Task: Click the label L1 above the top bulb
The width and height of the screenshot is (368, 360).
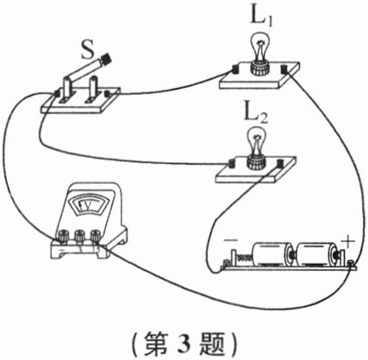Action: click(261, 18)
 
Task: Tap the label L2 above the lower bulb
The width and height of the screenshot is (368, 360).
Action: click(256, 115)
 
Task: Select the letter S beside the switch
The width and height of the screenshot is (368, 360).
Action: click(87, 50)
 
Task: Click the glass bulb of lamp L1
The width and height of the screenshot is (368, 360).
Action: click(260, 45)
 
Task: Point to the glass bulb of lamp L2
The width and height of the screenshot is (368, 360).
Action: click(256, 140)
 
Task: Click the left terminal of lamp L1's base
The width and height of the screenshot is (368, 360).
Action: click(235, 69)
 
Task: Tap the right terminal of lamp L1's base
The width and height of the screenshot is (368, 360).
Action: click(285, 69)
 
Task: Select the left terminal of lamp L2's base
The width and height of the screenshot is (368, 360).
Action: click(232, 163)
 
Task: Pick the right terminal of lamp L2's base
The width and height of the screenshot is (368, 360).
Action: click(281, 164)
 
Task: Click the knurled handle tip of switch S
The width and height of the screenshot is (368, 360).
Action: click(106, 58)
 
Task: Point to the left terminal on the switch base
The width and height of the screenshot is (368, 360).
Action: click(57, 93)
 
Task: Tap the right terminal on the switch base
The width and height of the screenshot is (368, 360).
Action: click(108, 94)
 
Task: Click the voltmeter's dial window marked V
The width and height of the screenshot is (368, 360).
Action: click(88, 205)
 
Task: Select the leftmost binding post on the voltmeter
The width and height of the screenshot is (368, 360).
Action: click(63, 236)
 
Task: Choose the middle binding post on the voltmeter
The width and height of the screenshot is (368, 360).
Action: click(80, 236)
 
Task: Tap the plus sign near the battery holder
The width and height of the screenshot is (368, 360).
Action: click(347, 243)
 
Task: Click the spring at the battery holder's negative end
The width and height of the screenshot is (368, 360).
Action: click(244, 257)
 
